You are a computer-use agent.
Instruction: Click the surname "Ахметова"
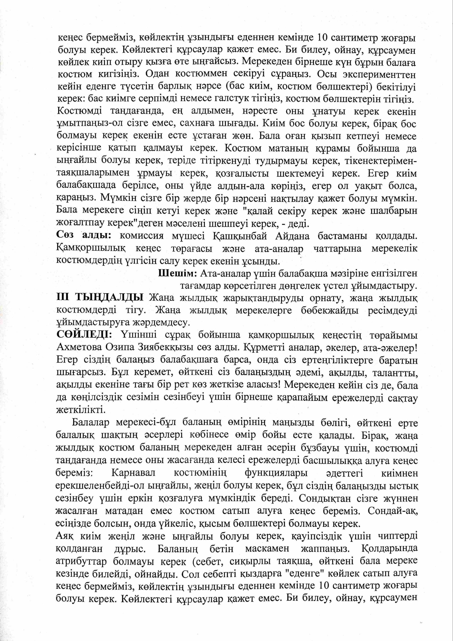pyautogui.click(x=78, y=347)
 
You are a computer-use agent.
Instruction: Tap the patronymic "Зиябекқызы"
pyautogui.click(x=158, y=347)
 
